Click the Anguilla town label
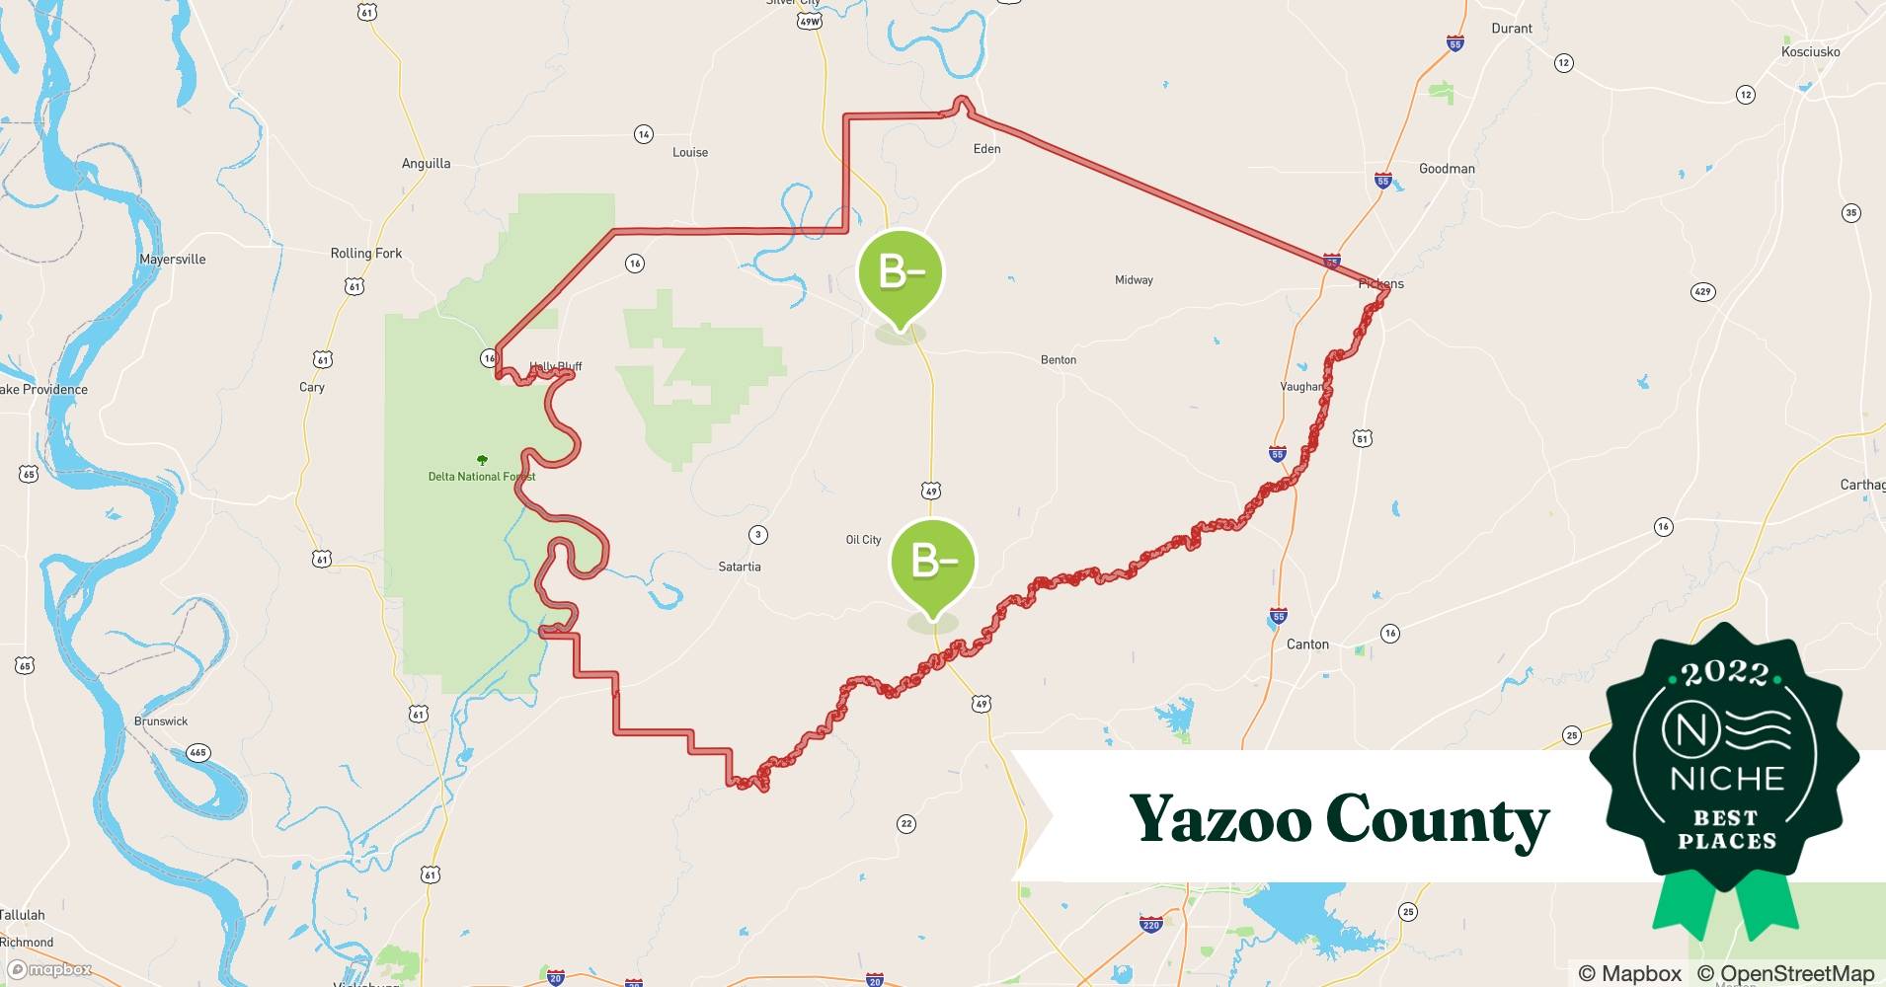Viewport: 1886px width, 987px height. click(426, 164)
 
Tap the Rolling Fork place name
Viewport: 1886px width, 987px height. click(366, 254)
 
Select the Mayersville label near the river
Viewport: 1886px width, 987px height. click(173, 260)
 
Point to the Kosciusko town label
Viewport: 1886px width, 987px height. click(1810, 52)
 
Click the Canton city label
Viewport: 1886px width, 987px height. click(1307, 645)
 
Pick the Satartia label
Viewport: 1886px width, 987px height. click(740, 567)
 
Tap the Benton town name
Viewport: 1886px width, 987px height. click(1059, 360)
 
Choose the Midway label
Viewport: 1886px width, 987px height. click(1134, 280)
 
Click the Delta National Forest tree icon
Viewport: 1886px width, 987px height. click(482, 460)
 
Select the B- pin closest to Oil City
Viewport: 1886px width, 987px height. click(933, 563)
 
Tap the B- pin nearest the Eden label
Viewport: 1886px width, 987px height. click(900, 273)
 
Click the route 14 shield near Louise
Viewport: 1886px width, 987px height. click(644, 134)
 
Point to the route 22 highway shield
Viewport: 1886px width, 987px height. click(906, 824)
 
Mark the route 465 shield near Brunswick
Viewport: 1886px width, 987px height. click(198, 753)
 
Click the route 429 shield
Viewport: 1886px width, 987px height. click(1702, 292)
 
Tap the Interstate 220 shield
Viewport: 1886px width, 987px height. click(1150, 925)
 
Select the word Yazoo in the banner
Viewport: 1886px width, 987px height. click(1218, 819)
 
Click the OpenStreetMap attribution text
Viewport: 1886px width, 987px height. click(1785, 973)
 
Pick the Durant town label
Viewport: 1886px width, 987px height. click(1512, 29)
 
